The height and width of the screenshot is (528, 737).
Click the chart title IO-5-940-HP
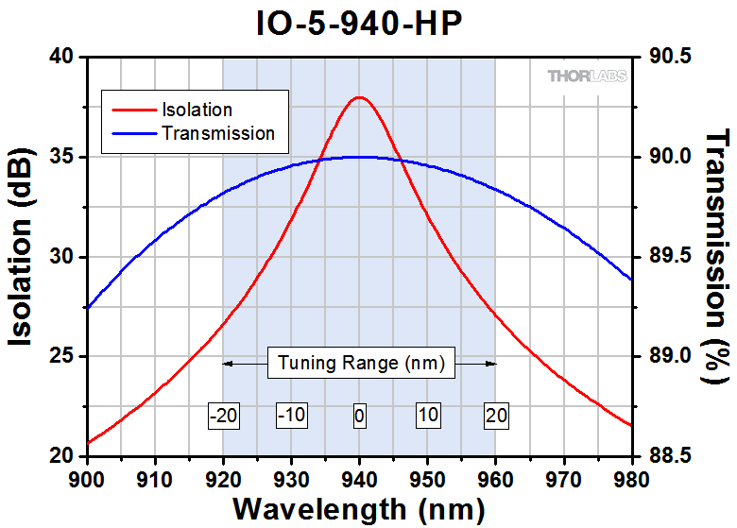pos(359,23)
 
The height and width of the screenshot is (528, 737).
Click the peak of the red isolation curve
pos(359,97)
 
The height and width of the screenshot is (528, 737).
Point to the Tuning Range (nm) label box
pos(359,363)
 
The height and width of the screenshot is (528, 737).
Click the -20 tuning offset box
pos(223,415)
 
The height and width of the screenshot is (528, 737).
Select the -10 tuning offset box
pos(291,415)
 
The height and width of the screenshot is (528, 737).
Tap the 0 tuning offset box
pos(359,415)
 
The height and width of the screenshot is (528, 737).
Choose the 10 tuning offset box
pos(427,415)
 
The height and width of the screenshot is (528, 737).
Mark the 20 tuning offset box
pos(495,415)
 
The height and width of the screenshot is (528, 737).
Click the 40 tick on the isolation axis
pos(61,57)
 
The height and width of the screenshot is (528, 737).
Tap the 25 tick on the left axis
pos(61,356)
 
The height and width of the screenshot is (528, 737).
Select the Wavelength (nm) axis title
pos(359,507)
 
